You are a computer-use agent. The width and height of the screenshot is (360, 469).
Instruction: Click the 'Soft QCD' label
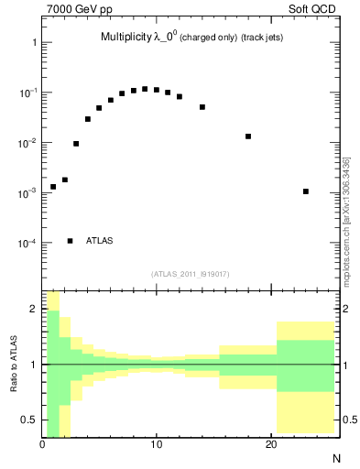click(314, 10)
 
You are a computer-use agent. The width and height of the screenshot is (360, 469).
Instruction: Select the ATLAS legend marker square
click(71, 241)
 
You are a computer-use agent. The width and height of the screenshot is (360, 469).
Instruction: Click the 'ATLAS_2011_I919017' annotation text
click(190, 274)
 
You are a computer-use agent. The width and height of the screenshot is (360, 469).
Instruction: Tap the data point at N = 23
click(305, 191)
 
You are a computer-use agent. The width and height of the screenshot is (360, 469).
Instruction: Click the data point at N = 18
click(248, 136)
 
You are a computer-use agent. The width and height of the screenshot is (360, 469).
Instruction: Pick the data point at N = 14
click(202, 107)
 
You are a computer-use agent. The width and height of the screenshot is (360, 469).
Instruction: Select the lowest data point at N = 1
click(53, 187)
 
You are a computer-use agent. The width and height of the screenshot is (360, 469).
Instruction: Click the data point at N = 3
click(76, 144)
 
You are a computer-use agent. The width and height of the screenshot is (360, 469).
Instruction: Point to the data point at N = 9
click(145, 89)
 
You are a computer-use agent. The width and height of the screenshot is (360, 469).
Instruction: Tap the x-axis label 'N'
click(335, 457)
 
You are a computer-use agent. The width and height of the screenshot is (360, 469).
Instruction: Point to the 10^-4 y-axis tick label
click(27, 244)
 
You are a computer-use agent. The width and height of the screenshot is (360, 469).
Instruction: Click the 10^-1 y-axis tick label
click(27, 93)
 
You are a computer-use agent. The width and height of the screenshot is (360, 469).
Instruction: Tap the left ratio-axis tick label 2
click(33, 310)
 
